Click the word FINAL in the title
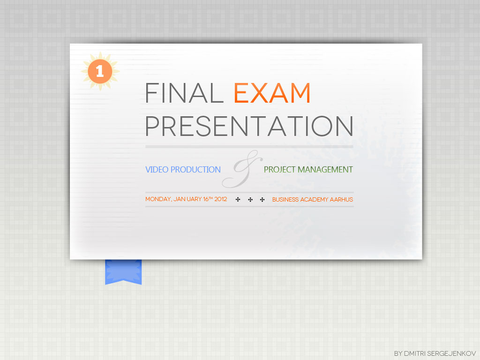point(184,93)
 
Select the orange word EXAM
point(272,93)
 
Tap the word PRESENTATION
point(249,126)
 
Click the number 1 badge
point(100,71)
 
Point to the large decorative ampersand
point(242,169)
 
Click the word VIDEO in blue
point(157,170)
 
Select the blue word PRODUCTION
point(195,170)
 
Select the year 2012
point(220,199)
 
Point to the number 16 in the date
point(206,199)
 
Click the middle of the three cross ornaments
point(250,200)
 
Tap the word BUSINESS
point(285,200)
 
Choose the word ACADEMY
point(314,200)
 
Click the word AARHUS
point(341,200)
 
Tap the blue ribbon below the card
point(123,272)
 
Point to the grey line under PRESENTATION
point(249,147)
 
